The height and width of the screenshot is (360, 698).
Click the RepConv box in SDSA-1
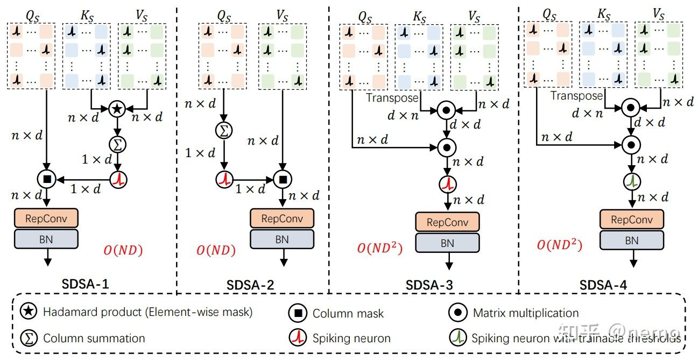click(x=46, y=218)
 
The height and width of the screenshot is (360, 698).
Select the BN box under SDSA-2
click(x=281, y=239)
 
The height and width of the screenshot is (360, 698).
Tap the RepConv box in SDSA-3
click(x=447, y=222)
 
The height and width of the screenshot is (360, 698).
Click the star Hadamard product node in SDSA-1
click(x=117, y=109)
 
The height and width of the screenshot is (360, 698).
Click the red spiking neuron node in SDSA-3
click(x=447, y=183)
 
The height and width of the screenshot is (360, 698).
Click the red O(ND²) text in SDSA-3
click(x=379, y=249)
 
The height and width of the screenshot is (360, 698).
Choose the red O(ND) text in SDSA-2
click(x=216, y=250)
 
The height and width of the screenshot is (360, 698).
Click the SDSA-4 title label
click(x=603, y=285)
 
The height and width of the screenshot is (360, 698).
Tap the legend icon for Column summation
click(x=27, y=338)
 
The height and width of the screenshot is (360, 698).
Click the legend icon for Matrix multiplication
click(x=457, y=313)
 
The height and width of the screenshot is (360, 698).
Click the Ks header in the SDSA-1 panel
click(x=87, y=13)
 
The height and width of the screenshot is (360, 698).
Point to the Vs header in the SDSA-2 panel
click(x=281, y=13)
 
